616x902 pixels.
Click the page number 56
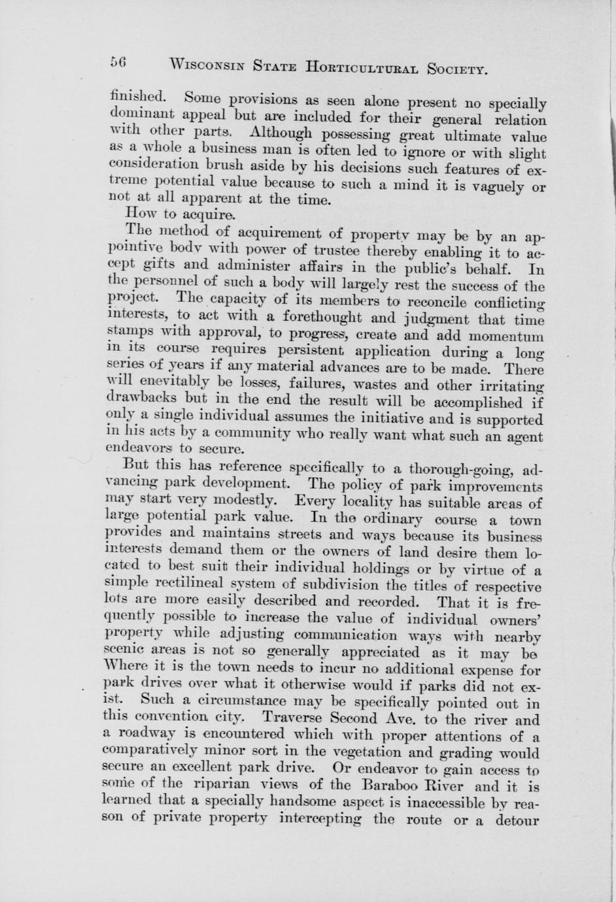coord(118,62)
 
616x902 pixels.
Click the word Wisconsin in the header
coord(205,65)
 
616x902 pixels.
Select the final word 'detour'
coord(517,819)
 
